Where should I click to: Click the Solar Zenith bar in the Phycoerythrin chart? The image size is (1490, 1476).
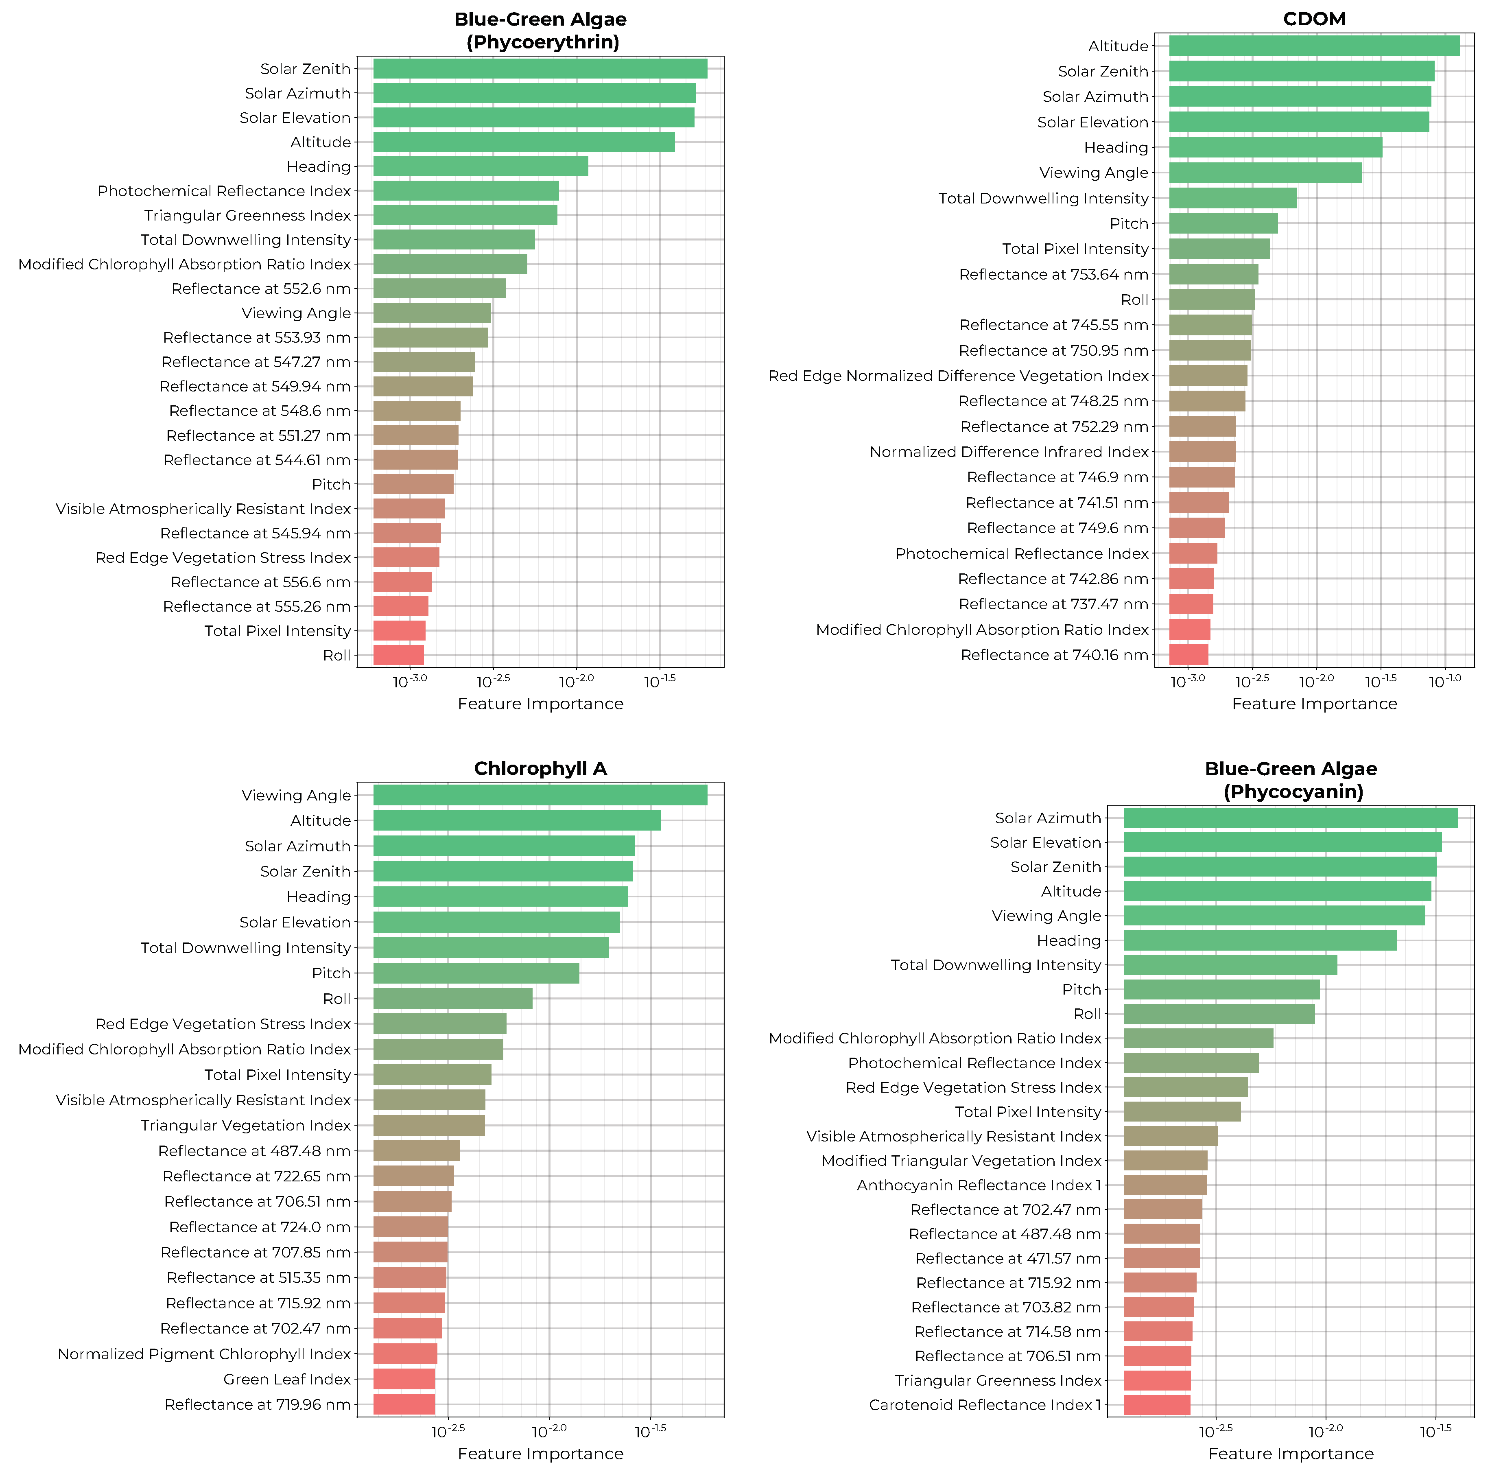pos(540,69)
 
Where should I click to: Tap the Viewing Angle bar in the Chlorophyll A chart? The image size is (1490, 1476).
pos(540,795)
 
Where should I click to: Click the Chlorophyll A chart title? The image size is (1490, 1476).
pos(540,769)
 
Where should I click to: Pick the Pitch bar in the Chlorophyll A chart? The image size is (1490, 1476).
pos(476,973)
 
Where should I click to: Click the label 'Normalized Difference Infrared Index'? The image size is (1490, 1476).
pos(1009,452)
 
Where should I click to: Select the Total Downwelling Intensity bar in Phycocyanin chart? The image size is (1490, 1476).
pos(1230,965)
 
